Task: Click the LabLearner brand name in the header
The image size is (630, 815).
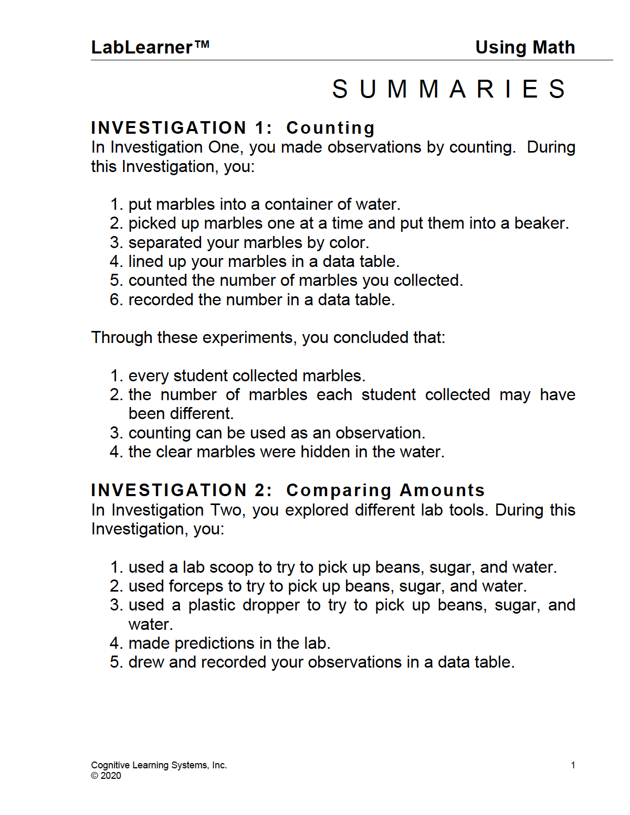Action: [142, 48]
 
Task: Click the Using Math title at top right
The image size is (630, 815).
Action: [524, 48]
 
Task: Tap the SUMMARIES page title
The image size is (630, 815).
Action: [449, 89]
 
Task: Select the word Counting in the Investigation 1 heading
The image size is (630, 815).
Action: [330, 128]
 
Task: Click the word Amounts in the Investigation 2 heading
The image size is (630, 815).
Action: [442, 490]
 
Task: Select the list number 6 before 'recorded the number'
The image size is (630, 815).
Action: [115, 300]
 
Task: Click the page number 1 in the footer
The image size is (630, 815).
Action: [573, 765]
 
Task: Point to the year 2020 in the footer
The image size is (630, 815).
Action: [111, 776]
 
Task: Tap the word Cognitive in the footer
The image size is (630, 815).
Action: [110, 765]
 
